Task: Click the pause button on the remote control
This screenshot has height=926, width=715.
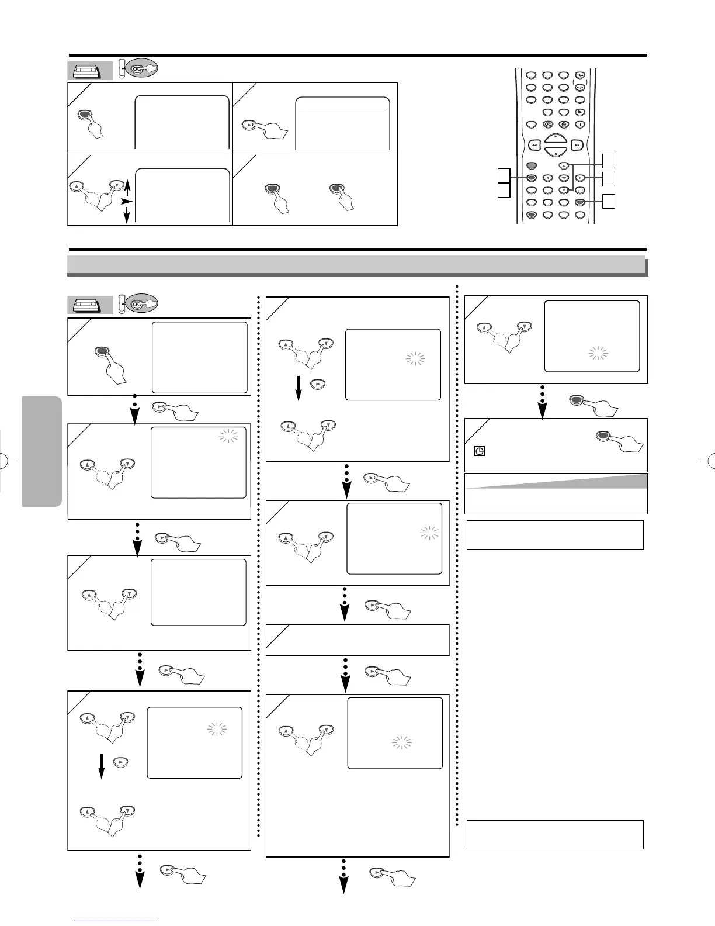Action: tap(579, 124)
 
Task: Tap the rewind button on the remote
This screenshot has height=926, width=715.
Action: tap(534, 144)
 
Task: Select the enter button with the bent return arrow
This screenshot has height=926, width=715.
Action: tap(579, 189)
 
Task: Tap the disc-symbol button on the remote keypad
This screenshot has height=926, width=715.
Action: tap(564, 124)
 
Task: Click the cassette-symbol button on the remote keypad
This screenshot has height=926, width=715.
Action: tap(548, 124)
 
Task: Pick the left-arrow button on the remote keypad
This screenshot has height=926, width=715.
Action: tap(548, 178)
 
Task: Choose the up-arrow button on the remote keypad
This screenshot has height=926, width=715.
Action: tap(564, 165)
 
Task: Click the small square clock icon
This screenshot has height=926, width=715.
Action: tap(479, 451)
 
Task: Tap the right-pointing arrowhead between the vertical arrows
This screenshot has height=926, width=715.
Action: tap(124, 201)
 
